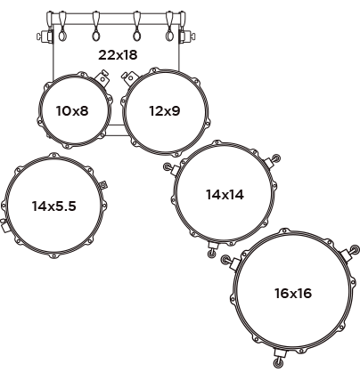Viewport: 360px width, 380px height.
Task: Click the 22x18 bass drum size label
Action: [118, 55]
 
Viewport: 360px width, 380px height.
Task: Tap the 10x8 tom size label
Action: [72, 111]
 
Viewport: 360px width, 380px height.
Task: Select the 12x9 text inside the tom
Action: [165, 111]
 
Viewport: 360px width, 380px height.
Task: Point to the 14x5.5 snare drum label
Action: [54, 206]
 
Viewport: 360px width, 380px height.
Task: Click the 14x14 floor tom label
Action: [225, 195]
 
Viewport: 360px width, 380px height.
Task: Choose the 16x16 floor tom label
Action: [293, 294]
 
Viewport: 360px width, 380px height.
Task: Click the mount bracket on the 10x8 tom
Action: [102, 77]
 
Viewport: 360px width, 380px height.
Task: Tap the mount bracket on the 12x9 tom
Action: [128, 77]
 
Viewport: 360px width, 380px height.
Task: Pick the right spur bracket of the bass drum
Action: [187, 36]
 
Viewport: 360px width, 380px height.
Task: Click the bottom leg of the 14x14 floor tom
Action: [212, 249]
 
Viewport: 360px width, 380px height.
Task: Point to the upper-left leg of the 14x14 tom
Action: [171, 169]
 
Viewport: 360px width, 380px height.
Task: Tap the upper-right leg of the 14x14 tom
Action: [273, 160]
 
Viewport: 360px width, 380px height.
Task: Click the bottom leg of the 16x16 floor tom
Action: [280, 358]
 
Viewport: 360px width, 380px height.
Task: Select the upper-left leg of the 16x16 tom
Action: [231, 262]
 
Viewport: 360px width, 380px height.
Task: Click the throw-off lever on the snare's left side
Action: [4, 226]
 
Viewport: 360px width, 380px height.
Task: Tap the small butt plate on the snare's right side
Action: [103, 185]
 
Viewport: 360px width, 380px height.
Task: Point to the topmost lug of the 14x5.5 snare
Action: [53, 156]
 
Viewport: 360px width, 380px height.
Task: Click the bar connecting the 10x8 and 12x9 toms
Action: [117, 131]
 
